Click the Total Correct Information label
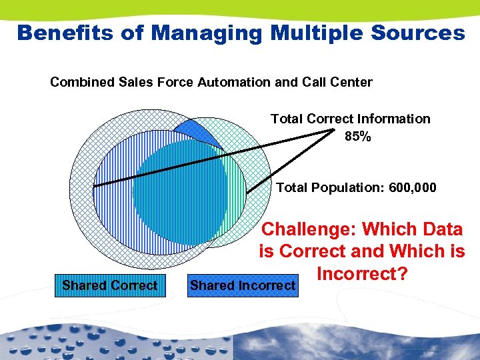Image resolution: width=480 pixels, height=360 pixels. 350,119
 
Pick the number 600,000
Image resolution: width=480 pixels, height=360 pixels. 407,188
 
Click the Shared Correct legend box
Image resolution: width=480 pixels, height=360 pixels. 110,285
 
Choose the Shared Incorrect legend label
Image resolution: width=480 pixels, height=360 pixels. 243,285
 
